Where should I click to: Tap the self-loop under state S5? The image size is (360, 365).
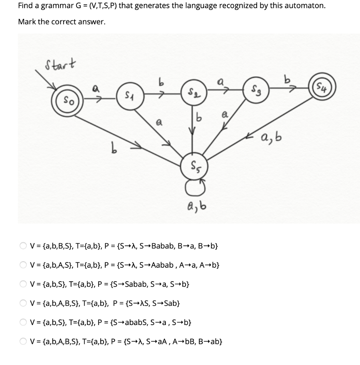tap(195, 185)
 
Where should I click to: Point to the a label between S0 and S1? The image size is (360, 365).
tap(95, 90)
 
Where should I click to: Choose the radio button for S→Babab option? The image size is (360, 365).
tap(23, 246)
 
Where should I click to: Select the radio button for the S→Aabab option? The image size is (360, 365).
tap(23, 265)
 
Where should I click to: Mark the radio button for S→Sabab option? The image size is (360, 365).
tap(23, 284)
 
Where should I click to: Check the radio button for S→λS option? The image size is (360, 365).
tap(23, 304)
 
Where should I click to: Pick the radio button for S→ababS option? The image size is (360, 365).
tap(23, 323)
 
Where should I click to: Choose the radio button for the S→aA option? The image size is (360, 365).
tap(23, 342)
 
